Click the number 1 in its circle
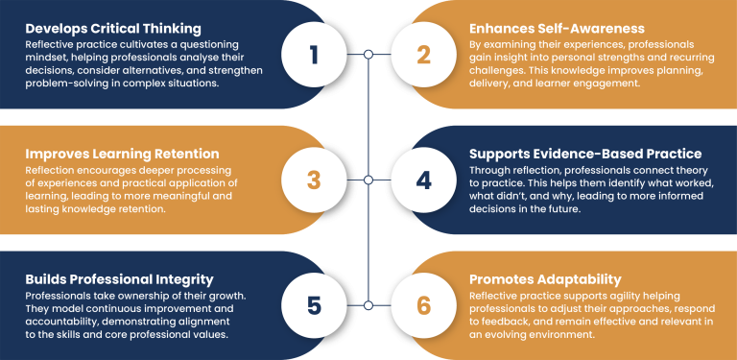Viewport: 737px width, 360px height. click(314, 55)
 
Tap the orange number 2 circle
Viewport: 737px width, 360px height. click(424, 55)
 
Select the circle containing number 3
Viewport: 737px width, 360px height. click(314, 180)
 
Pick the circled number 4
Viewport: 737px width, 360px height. click(424, 180)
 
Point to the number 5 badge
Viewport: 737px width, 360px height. click(314, 305)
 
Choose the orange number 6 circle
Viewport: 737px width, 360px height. click(424, 305)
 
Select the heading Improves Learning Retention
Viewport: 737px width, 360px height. click(122, 154)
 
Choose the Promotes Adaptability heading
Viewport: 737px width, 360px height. click(545, 278)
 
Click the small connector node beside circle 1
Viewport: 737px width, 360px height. click(368, 55)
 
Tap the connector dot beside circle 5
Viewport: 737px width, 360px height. click(368, 305)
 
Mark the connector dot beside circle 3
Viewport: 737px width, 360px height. click(368, 180)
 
